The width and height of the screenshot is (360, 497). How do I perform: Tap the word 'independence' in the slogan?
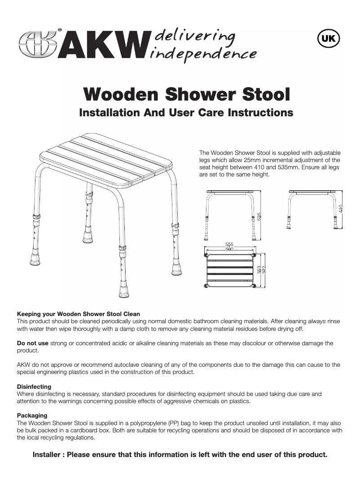[x=204, y=54]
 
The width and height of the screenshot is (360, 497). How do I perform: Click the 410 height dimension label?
[x=341, y=209]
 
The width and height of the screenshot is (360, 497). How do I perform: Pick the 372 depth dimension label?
[x=264, y=270]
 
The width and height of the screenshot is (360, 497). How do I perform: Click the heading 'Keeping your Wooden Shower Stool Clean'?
[x=78, y=314]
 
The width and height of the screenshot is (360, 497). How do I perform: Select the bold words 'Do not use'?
[x=32, y=343]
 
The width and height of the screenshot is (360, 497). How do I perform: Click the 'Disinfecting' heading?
[x=34, y=387]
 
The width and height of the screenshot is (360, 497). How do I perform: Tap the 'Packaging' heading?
[x=32, y=415]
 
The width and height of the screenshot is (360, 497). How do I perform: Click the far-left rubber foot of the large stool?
[x=34, y=259]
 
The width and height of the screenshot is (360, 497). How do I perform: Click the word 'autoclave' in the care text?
[x=104, y=365]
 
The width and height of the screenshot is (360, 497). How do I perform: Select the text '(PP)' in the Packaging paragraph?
[x=175, y=423]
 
